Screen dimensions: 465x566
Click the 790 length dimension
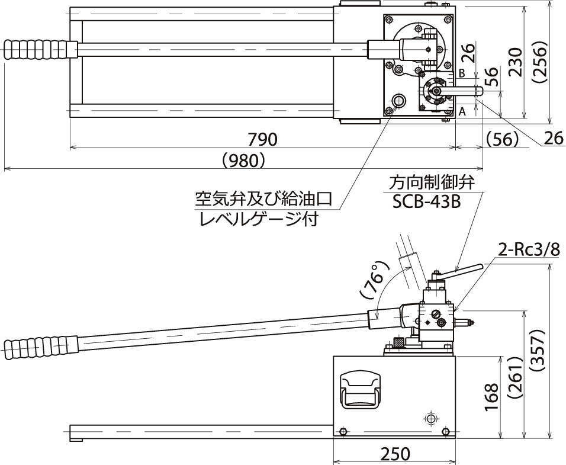tap(262, 139)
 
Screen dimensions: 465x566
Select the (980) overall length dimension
tap(243, 161)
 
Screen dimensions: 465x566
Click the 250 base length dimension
tap(395, 454)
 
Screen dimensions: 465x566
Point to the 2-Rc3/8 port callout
tap(528, 250)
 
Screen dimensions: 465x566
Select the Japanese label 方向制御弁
tap(432, 180)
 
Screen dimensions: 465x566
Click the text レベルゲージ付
tap(259, 220)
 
